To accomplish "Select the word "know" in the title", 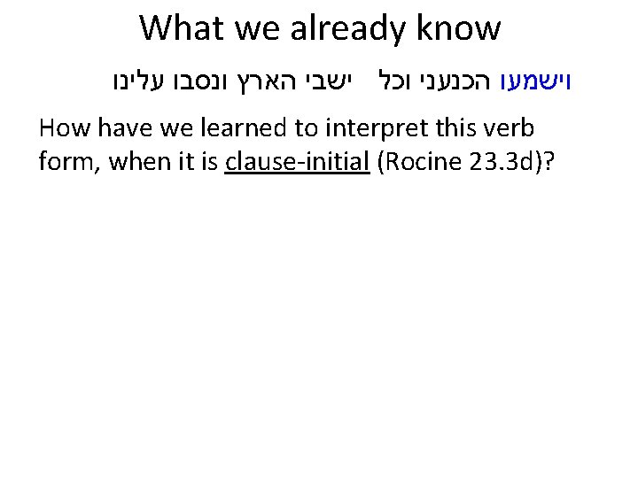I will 466,28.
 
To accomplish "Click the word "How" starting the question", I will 63,130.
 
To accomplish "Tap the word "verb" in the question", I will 512,130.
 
